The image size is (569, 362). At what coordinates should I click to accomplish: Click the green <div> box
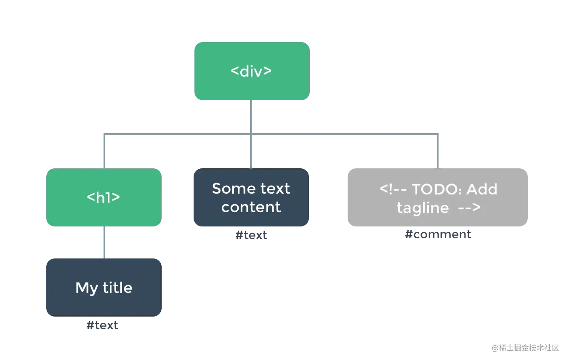(x=251, y=71)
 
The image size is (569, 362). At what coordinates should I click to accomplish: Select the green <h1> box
(x=103, y=198)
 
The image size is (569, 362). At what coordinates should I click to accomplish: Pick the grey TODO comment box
(x=438, y=199)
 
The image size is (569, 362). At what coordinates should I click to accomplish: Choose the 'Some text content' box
(x=251, y=198)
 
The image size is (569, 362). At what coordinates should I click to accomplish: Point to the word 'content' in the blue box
(x=251, y=207)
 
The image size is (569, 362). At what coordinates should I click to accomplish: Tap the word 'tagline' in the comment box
(x=423, y=208)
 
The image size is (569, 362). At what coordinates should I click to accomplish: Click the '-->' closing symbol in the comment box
(x=469, y=208)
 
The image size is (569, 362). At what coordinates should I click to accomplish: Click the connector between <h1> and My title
(x=104, y=242)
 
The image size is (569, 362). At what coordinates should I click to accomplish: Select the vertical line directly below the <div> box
(x=251, y=116)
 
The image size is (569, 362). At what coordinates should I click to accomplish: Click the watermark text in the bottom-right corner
(x=524, y=347)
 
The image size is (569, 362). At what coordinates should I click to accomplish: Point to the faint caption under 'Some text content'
(x=251, y=236)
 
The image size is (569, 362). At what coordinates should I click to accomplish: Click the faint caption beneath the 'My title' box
(x=103, y=325)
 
